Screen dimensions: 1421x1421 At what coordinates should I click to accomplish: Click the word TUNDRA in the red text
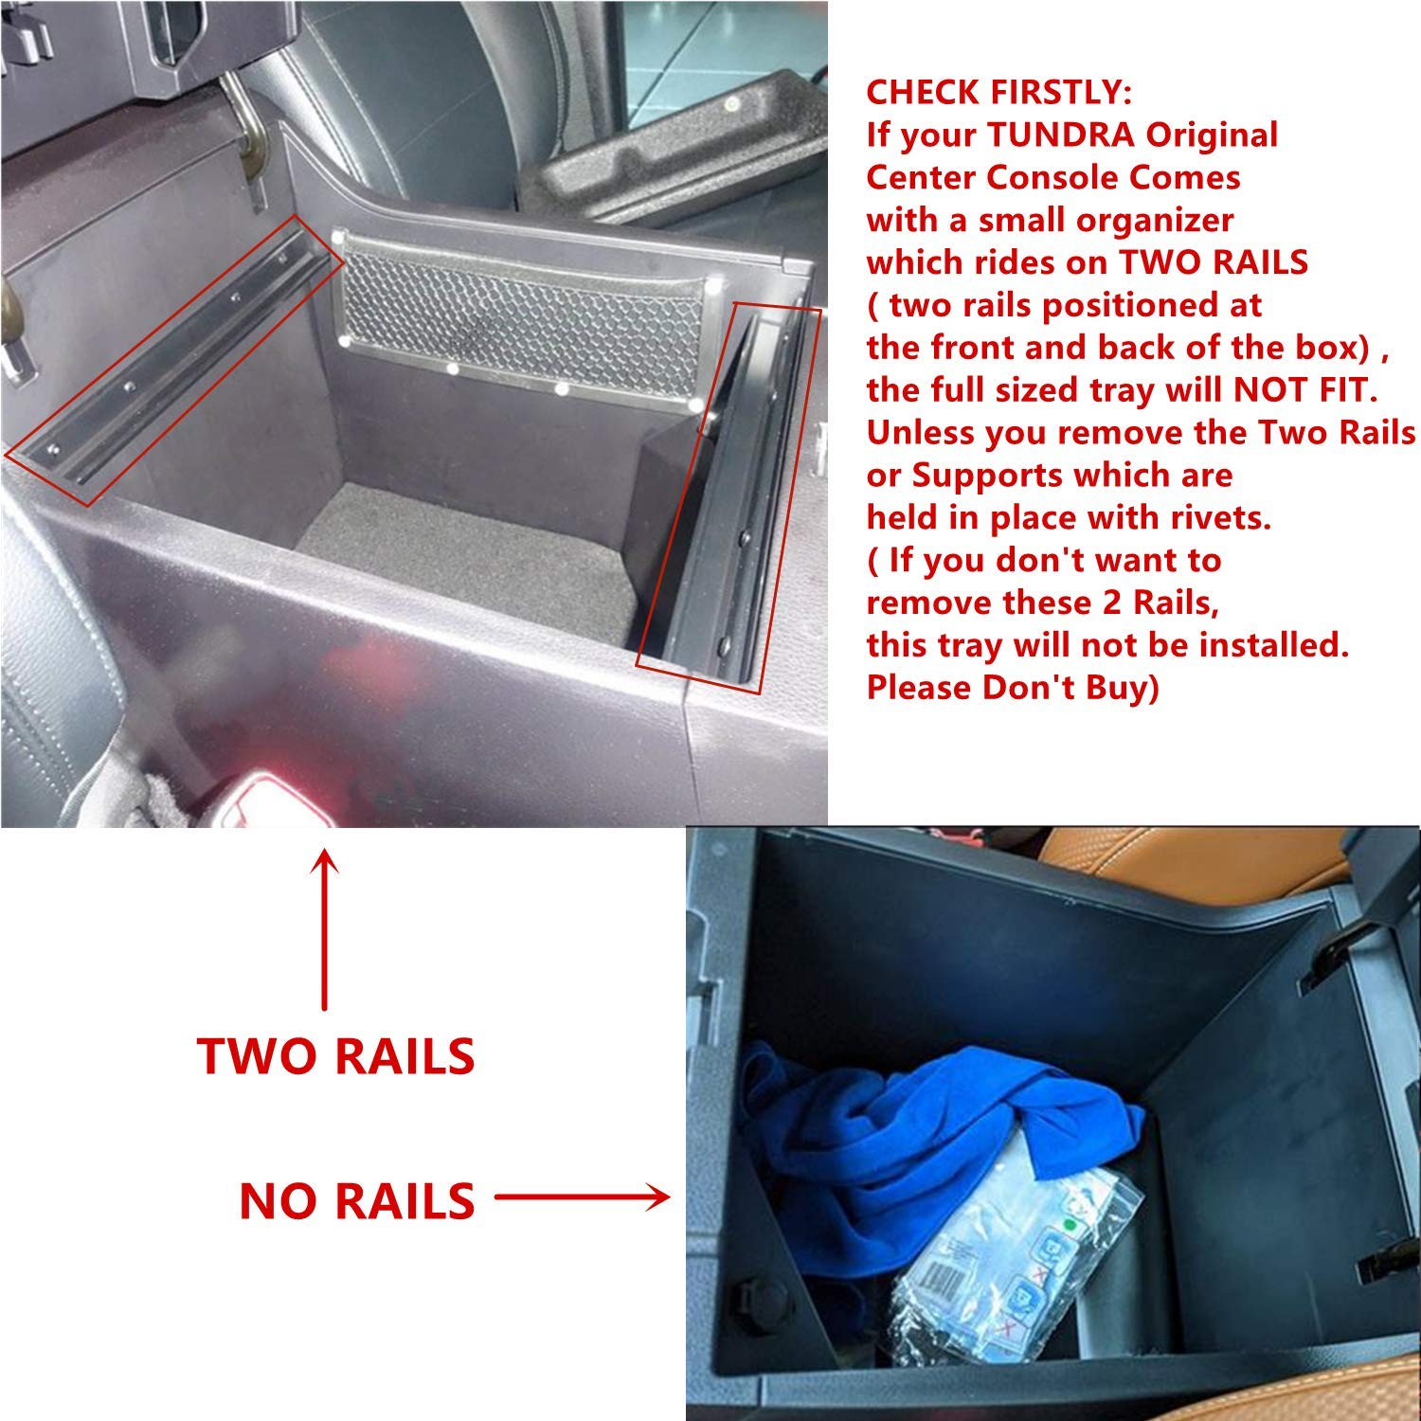(1061, 135)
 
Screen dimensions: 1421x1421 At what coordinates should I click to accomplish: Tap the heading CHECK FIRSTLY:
(999, 92)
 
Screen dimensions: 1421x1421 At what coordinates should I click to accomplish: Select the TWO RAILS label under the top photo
(336, 1056)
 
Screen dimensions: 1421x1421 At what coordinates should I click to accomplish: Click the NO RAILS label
(357, 1201)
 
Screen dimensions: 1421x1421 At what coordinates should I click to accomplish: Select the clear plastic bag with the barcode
(1004, 1260)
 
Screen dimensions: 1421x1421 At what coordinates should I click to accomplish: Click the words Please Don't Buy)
(1013, 687)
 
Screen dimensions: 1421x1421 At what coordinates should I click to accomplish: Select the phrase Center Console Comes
(1053, 177)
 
